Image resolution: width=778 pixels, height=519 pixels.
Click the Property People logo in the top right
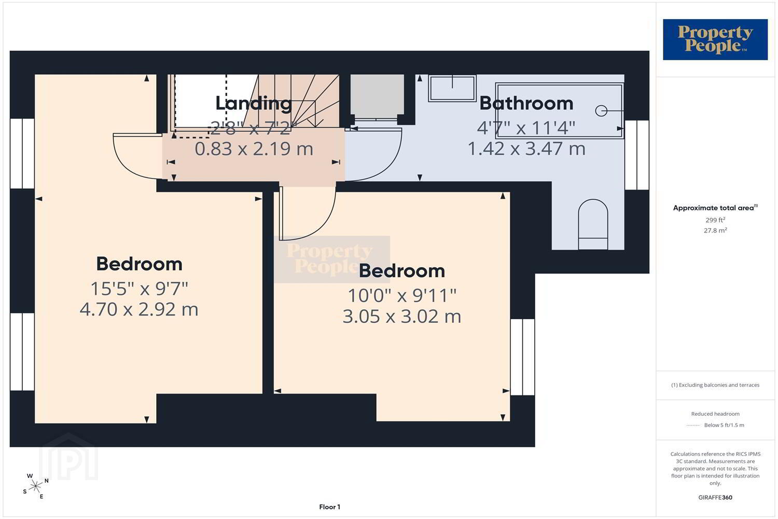pos(715,39)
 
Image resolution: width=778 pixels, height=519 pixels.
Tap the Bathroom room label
pos(526,104)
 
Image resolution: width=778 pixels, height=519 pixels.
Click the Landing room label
pos(254,104)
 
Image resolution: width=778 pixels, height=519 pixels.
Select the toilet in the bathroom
pos(593,224)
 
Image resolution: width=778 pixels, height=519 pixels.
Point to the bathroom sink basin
pos(452,88)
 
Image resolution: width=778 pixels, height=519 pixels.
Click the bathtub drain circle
pos(601,111)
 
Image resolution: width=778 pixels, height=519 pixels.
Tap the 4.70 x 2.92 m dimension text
pos(139,309)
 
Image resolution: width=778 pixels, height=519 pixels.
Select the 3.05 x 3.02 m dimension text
pos(402,317)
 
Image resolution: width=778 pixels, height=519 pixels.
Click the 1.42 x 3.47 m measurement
pos(526,149)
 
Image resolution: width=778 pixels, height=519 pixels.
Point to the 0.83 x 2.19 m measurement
pos(254,149)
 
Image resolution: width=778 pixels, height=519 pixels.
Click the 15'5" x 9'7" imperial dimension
pos(140,289)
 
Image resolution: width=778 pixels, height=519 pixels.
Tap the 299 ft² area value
pos(715,220)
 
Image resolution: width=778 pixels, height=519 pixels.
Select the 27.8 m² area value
pos(715,230)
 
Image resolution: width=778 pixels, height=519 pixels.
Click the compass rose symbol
pos(35,486)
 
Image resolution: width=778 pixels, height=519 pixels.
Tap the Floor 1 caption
pos(329,507)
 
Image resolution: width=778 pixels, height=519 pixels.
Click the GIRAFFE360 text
pos(715,497)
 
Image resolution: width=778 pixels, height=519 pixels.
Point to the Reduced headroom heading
pos(715,414)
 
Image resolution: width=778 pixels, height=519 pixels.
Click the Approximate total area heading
pos(715,208)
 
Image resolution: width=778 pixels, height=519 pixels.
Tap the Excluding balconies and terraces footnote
pos(715,385)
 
